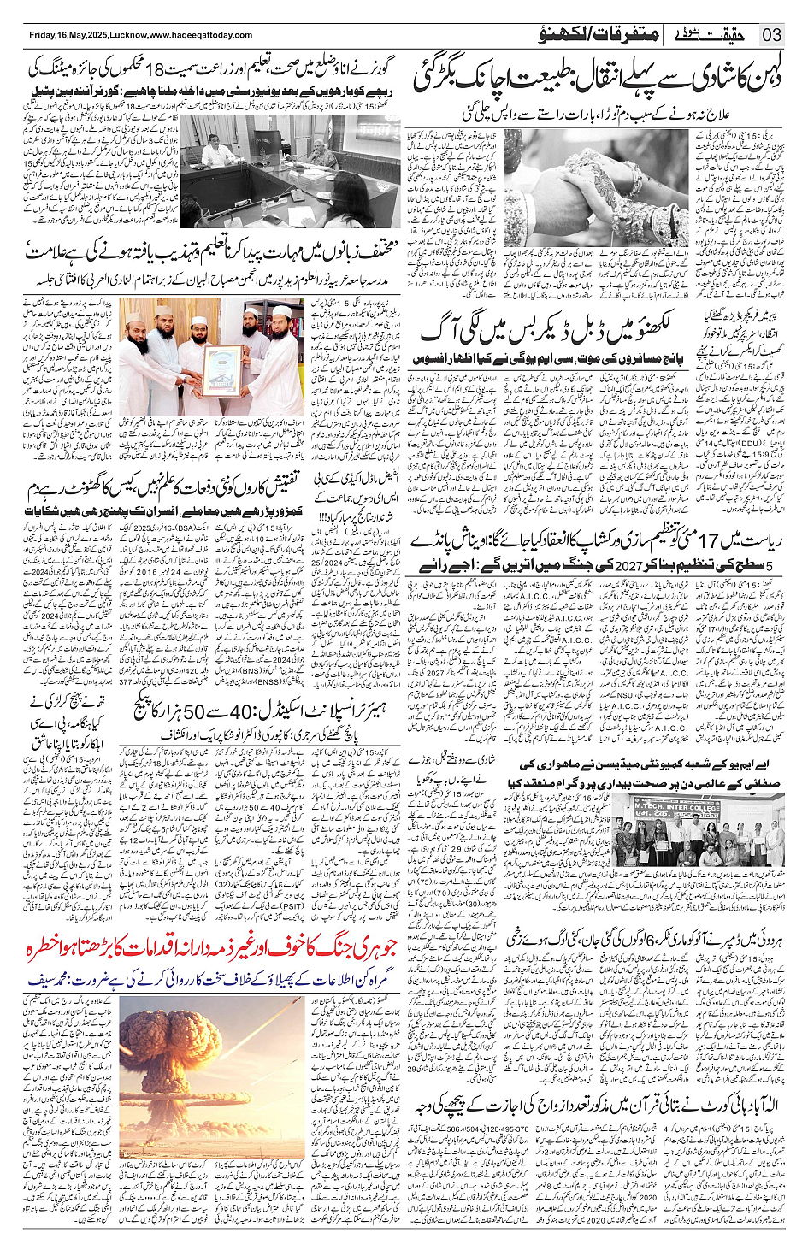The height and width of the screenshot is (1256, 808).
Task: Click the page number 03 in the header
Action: click(x=772, y=35)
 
